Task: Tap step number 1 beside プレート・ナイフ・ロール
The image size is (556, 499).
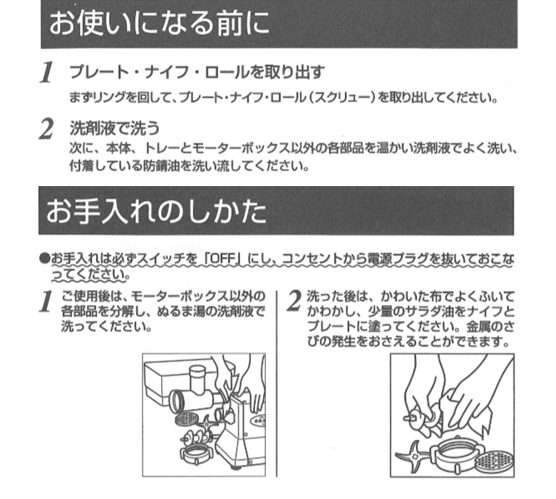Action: pos(47,73)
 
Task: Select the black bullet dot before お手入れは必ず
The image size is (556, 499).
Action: pos(44,258)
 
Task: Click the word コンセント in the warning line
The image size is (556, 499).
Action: pos(312,259)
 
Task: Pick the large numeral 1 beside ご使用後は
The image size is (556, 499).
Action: pos(46,302)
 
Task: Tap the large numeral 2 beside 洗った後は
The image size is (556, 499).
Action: pos(294,301)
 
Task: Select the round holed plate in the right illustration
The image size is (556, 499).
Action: pos(494,462)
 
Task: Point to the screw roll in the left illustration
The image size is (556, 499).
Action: pos(196,438)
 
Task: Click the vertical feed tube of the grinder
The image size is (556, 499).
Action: pos(197,379)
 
